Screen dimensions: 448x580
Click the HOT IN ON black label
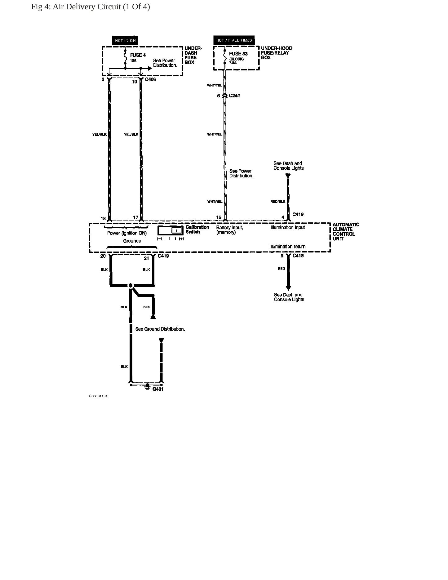pyautogui.click(x=125, y=40)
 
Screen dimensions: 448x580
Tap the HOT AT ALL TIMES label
pyautogui.click(x=234, y=40)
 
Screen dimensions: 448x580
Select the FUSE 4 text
pyautogui.click(x=138, y=55)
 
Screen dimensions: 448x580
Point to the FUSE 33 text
pyautogui.click(x=238, y=54)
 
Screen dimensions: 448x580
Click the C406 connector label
pyautogui.click(x=151, y=79)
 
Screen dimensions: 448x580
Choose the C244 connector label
pyautogui.click(x=234, y=96)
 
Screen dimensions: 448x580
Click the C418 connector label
pyautogui.click(x=298, y=256)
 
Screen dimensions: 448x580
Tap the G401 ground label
pyautogui.click(x=158, y=389)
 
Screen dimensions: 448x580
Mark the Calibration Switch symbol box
pyautogui.click(x=171, y=230)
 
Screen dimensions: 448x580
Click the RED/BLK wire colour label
pyautogui.click(x=278, y=202)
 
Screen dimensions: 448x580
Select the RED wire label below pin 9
pyautogui.click(x=281, y=269)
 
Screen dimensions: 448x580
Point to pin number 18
pyautogui.click(x=103, y=218)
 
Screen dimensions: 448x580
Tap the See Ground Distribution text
pyautogui.click(x=160, y=329)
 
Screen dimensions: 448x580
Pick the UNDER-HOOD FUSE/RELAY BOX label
pyautogui.click(x=277, y=53)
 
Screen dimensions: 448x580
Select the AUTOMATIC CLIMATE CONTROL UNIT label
pyautogui.click(x=346, y=232)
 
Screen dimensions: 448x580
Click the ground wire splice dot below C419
pyautogui.click(x=131, y=285)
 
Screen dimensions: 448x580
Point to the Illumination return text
pyautogui.click(x=287, y=247)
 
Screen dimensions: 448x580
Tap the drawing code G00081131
pyautogui.click(x=98, y=396)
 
